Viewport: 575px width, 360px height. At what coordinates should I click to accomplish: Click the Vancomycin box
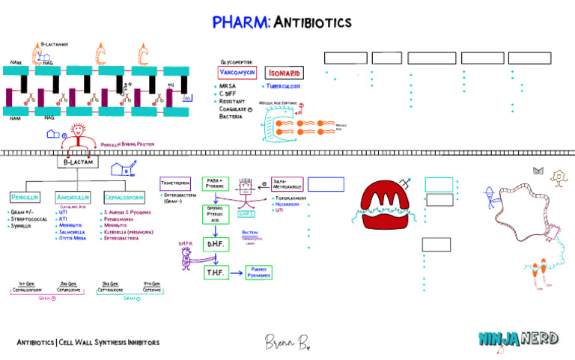238,73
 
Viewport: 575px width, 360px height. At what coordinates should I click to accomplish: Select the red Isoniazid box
285,73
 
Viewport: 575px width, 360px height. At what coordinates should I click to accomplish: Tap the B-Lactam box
76,162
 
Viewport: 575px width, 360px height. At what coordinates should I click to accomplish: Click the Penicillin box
25,197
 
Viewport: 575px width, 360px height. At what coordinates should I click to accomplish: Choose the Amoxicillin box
73,197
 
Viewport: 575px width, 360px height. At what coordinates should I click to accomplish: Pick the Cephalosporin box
124,197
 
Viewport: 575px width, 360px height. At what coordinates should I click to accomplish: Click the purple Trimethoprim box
175,183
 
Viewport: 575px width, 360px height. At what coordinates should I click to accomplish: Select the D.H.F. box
216,244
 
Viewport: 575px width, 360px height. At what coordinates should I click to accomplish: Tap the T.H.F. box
216,273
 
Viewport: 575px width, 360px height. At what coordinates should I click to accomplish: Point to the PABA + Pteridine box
215,183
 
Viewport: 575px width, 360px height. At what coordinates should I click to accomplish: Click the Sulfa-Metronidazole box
287,183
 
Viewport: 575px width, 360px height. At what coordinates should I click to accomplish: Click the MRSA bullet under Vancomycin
228,87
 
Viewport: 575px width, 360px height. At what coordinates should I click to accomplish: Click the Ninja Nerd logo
518,338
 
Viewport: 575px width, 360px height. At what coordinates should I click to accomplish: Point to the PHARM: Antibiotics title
287,22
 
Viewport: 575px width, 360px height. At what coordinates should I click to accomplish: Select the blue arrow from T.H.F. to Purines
235,273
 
